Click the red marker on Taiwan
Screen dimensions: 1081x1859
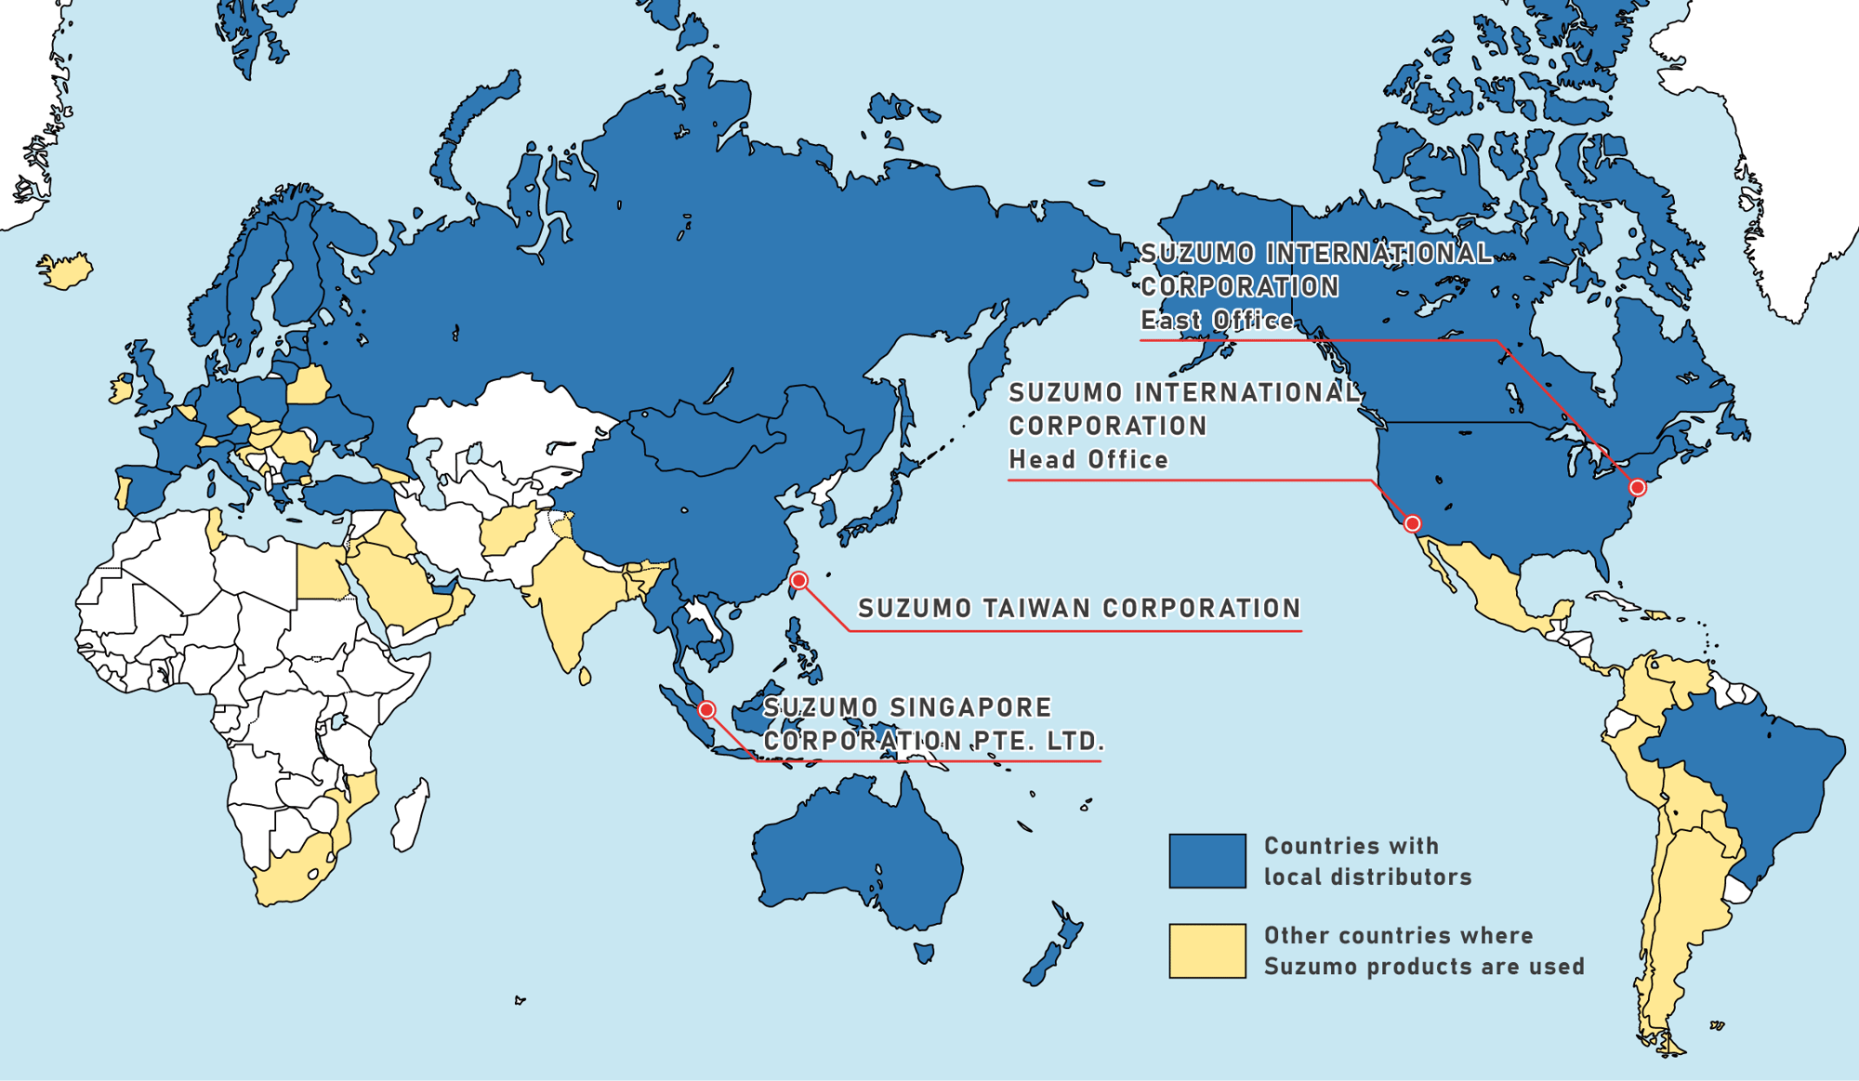pyautogui.click(x=798, y=581)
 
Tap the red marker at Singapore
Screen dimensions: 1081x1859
pyautogui.click(x=706, y=710)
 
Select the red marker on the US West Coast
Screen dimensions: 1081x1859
pyautogui.click(x=1412, y=524)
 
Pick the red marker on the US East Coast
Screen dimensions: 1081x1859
pyautogui.click(x=1638, y=488)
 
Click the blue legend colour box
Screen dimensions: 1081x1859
pyautogui.click(x=1206, y=861)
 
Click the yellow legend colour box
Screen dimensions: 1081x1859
pyautogui.click(x=1206, y=951)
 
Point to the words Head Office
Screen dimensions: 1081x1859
pyautogui.click(x=1088, y=460)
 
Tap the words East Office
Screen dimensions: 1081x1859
pyautogui.click(x=1217, y=321)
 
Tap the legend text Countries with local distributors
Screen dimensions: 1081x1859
pyautogui.click(x=1366, y=861)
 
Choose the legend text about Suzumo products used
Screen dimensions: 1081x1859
pyautogui.click(x=1422, y=951)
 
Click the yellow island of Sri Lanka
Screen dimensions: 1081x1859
pyautogui.click(x=585, y=676)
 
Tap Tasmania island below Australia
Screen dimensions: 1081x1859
pyautogui.click(x=923, y=953)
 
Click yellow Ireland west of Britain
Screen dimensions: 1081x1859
pyautogui.click(x=120, y=389)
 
